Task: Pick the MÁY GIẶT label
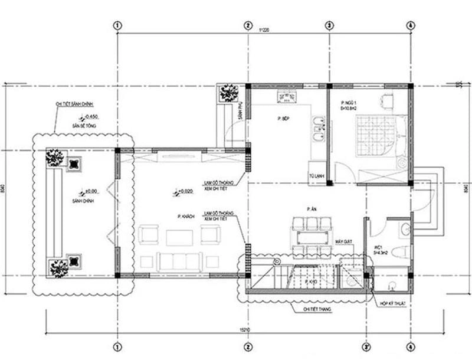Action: click(344, 242)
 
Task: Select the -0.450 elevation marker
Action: click(91, 117)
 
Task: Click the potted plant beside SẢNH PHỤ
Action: click(228, 93)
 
